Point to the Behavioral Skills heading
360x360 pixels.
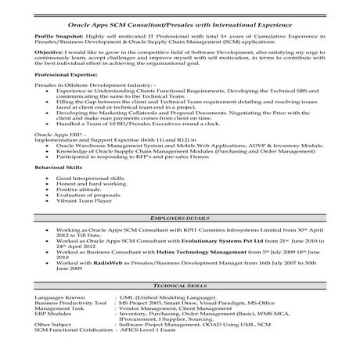click(x=49, y=167)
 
